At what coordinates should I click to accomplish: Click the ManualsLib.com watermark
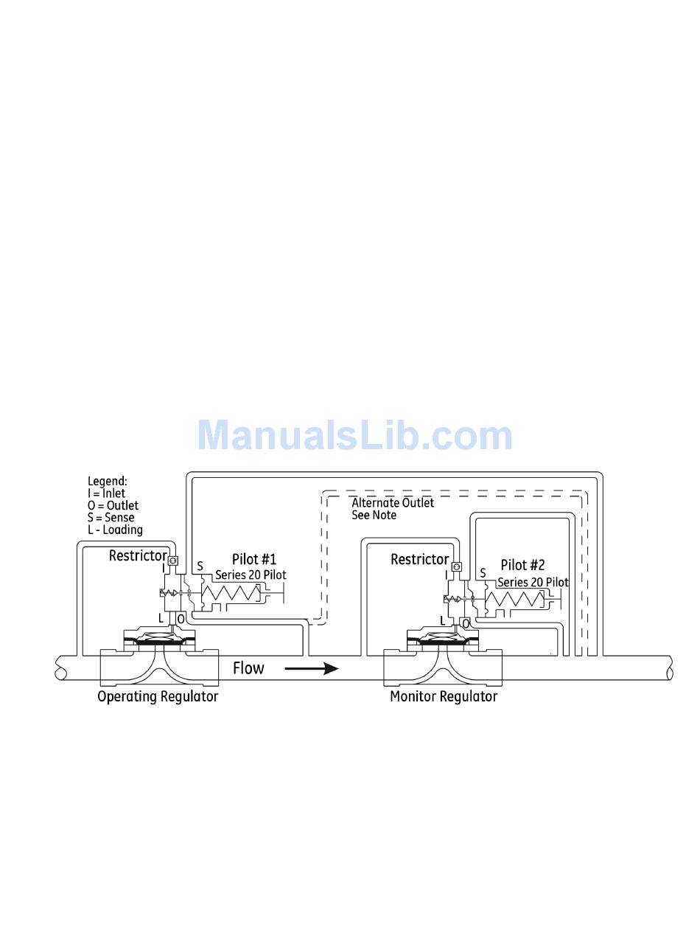coord(354,435)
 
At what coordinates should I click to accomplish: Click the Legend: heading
coord(108,481)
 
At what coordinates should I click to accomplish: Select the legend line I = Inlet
coord(106,493)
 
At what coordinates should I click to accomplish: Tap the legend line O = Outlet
coord(112,505)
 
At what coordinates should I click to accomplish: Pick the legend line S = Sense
coord(111,517)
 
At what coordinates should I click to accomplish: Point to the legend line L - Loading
coord(114,530)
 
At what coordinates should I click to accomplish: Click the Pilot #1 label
coord(254,560)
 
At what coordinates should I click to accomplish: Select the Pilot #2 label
coord(522,565)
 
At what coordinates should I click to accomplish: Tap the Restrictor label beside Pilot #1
coord(137,555)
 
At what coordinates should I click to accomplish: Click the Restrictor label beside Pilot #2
coord(419,559)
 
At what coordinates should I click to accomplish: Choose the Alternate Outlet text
coord(393,503)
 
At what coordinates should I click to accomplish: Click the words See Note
coord(374,515)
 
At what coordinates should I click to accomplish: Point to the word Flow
coord(248,668)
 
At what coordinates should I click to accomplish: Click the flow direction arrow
coord(311,669)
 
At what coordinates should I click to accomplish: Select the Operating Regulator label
coord(158,696)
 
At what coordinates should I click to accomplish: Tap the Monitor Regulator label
coord(444,696)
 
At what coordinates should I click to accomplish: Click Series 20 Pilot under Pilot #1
coord(251,575)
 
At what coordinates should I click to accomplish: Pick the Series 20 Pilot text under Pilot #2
coord(533,582)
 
